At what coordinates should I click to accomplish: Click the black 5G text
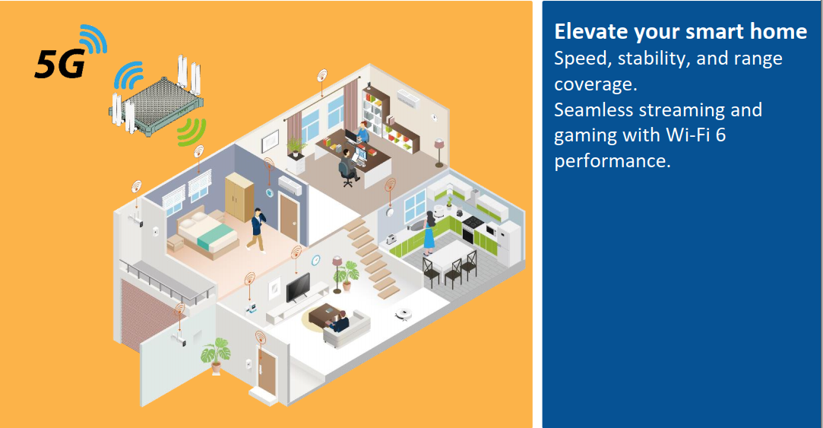click(x=59, y=64)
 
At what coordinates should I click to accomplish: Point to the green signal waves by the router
click(x=192, y=132)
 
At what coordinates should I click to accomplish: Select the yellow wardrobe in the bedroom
click(x=240, y=196)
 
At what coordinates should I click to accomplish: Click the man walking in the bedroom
click(x=257, y=230)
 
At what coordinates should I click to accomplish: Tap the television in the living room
click(x=298, y=287)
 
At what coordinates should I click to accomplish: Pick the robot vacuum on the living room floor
click(x=403, y=313)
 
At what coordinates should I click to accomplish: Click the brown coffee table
click(x=325, y=314)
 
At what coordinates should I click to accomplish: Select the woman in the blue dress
click(x=429, y=233)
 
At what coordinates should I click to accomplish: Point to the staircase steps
click(x=372, y=258)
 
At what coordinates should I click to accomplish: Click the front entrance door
click(x=267, y=372)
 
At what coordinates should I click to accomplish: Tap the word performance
click(x=613, y=161)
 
